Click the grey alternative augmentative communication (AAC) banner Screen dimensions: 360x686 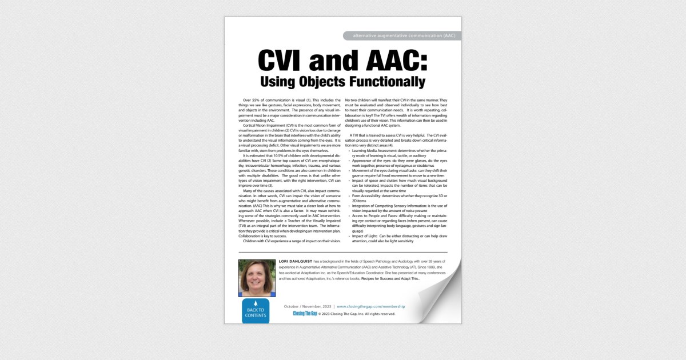click(404, 35)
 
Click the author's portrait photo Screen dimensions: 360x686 click(257, 278)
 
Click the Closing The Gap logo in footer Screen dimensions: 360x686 click(305, 314)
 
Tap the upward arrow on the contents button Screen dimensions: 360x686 click(255, 303)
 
